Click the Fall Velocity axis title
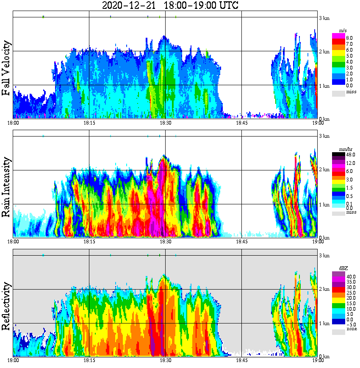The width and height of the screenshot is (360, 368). coord(6,68)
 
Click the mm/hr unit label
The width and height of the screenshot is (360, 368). coord(343,150)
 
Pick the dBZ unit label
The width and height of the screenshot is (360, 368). coord(343,269)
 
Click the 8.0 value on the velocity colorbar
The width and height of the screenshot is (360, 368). coord(349,38)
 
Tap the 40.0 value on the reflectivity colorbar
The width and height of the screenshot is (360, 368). coord(350,276)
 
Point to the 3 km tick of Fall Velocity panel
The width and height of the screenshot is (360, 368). coord(324,18)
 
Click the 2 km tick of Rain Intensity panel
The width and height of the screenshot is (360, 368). coord(324,170)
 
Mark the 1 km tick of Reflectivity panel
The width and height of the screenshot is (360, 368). coord(324,323)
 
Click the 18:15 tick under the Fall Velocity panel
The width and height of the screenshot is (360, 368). coord(89,123)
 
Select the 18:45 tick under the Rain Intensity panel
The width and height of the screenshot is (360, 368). coord(241,241)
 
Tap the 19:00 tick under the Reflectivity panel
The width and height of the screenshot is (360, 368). coord(318,360)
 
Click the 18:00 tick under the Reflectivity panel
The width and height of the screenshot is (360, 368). coord(13,360)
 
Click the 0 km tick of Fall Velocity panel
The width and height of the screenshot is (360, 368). coord(324,119)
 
